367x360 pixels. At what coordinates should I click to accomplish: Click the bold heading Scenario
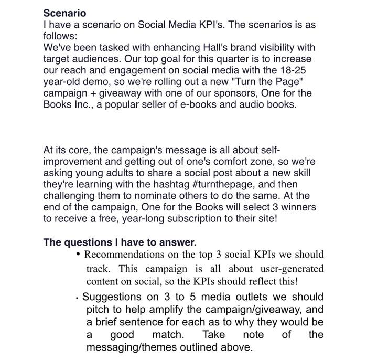point(64,13)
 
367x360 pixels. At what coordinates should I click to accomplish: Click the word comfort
point(244,162)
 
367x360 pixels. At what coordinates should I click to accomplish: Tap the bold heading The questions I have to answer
point(120,242)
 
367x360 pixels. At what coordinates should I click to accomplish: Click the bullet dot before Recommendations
point(78,256)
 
